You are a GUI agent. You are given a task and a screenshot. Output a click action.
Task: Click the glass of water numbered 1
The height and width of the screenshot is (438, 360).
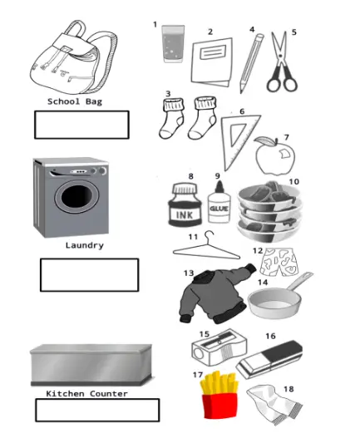pos(173,43)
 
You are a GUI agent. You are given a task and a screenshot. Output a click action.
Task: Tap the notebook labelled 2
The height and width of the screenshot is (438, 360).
pos(212,62)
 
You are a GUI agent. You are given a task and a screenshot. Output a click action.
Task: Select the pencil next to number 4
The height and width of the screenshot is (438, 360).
pos(251,63)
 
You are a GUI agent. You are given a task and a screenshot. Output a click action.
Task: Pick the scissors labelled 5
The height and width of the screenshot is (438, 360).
pos(282,63)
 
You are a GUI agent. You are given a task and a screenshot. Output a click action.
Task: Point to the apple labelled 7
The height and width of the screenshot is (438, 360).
pos(275,156)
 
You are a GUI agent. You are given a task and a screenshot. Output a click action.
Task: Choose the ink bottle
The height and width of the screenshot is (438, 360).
pos(185,204)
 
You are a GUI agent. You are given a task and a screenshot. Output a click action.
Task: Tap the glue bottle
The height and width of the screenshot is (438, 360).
pos(219,203)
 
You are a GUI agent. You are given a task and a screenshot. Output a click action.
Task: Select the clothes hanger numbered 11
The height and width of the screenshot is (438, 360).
pos(206,249)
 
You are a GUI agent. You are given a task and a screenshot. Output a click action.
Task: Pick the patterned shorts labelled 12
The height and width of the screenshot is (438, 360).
pos(279,262)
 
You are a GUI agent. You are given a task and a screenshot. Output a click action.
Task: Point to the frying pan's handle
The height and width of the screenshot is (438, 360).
pos(299,282)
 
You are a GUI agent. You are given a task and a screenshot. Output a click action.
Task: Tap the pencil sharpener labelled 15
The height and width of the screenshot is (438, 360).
pos(219,347)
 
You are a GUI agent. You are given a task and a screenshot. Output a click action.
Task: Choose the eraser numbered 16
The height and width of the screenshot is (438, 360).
pos(269,360)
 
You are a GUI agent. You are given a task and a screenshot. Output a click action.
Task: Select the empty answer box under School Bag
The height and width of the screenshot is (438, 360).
pos(81,125)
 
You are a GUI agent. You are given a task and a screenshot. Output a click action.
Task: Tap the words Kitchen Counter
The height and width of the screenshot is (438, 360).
pos(86,394)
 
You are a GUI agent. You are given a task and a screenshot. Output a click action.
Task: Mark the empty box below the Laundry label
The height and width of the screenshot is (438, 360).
pos(90,275)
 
